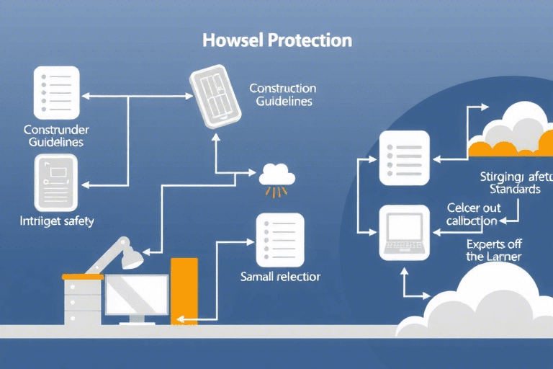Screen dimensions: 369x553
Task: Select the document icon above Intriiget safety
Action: point(55,182)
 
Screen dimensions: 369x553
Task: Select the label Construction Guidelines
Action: point(282,95)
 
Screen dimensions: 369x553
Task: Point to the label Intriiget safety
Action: point(57,222)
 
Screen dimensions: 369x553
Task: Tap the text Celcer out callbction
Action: point(472,214)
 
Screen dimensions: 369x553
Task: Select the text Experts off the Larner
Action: point(493,249)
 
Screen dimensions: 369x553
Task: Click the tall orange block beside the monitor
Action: point(184,290)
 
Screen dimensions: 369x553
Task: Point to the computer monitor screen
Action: point(137,293)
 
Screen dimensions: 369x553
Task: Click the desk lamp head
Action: point(130,255)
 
